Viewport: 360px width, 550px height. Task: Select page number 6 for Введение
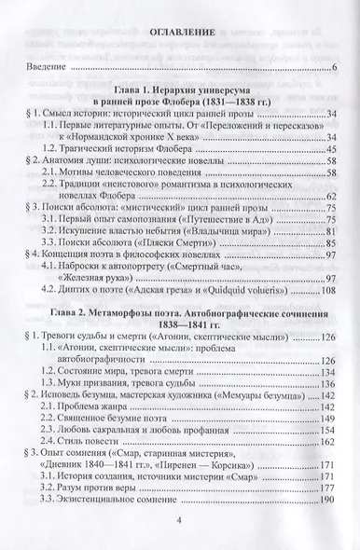click(x=335, y=69)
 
